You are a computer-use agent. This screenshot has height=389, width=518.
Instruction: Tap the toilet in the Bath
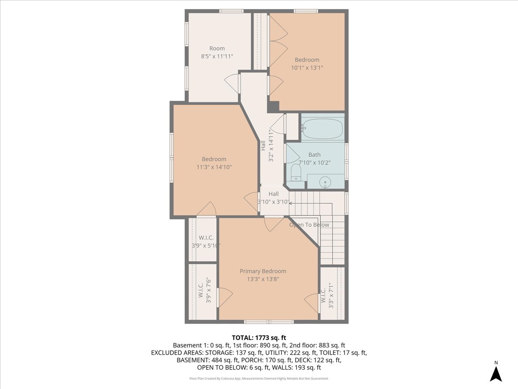[296, 172]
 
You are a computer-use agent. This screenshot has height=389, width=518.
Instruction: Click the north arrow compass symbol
[496, 372]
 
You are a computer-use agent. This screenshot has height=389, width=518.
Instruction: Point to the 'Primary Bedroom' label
[263, 271]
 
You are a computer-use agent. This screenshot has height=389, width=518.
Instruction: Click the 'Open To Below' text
[309, 225]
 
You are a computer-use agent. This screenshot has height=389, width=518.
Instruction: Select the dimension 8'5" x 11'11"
[217, 56]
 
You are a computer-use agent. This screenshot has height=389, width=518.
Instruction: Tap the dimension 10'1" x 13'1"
[307, 67]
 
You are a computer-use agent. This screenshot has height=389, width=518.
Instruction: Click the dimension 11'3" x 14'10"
[214, 166]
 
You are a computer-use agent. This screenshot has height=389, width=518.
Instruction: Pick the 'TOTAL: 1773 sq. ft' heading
[259, 337]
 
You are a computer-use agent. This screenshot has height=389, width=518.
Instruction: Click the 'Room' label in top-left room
[217, 48]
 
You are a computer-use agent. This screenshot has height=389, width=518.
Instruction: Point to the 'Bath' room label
[314, 155]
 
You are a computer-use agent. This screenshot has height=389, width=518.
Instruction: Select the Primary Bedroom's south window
[269, 322]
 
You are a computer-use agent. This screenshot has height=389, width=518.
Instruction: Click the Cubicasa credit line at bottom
[259, 378]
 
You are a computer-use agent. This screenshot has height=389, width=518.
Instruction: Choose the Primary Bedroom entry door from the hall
[273, 223]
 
